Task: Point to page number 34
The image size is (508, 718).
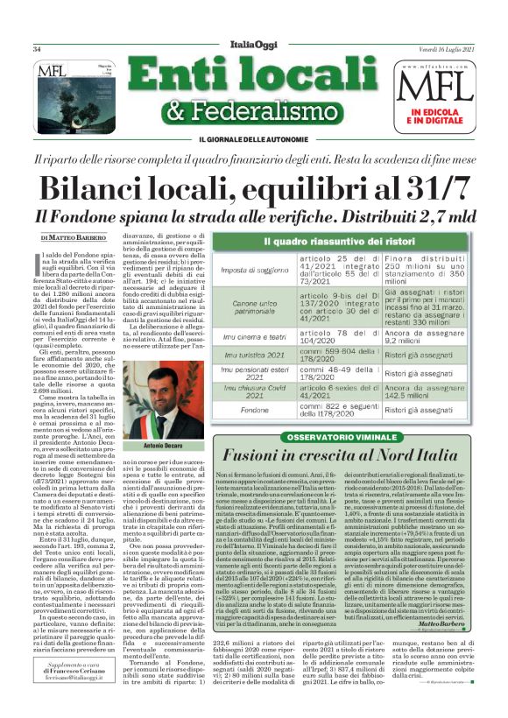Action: click(x=38, y=49)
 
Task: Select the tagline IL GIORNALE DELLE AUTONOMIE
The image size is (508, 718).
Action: click(x=253, y=140)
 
